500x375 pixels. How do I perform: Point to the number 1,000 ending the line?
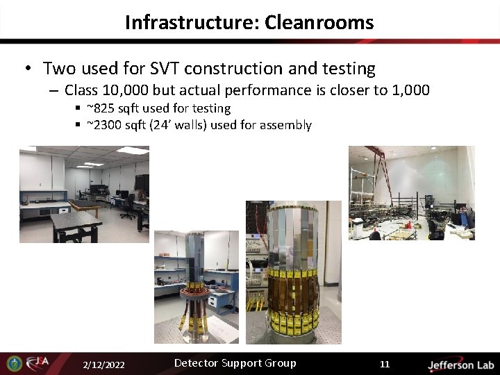click(410, 90)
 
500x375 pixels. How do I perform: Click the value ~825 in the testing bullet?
click(100, 108)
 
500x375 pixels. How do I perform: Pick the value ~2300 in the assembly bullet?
click(103, 126)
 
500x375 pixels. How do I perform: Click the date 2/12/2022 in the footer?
click(103, 365)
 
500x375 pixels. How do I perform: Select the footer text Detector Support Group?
click(235, 363)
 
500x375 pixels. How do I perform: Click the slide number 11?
click(385, 365)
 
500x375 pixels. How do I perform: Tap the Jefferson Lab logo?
click(460, 365)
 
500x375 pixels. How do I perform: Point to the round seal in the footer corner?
click(14, 363)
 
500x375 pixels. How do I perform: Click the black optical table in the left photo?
click(76, 222)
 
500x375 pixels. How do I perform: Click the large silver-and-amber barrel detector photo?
click(294, 272)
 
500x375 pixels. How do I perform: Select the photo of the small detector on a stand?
click(196, 287)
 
